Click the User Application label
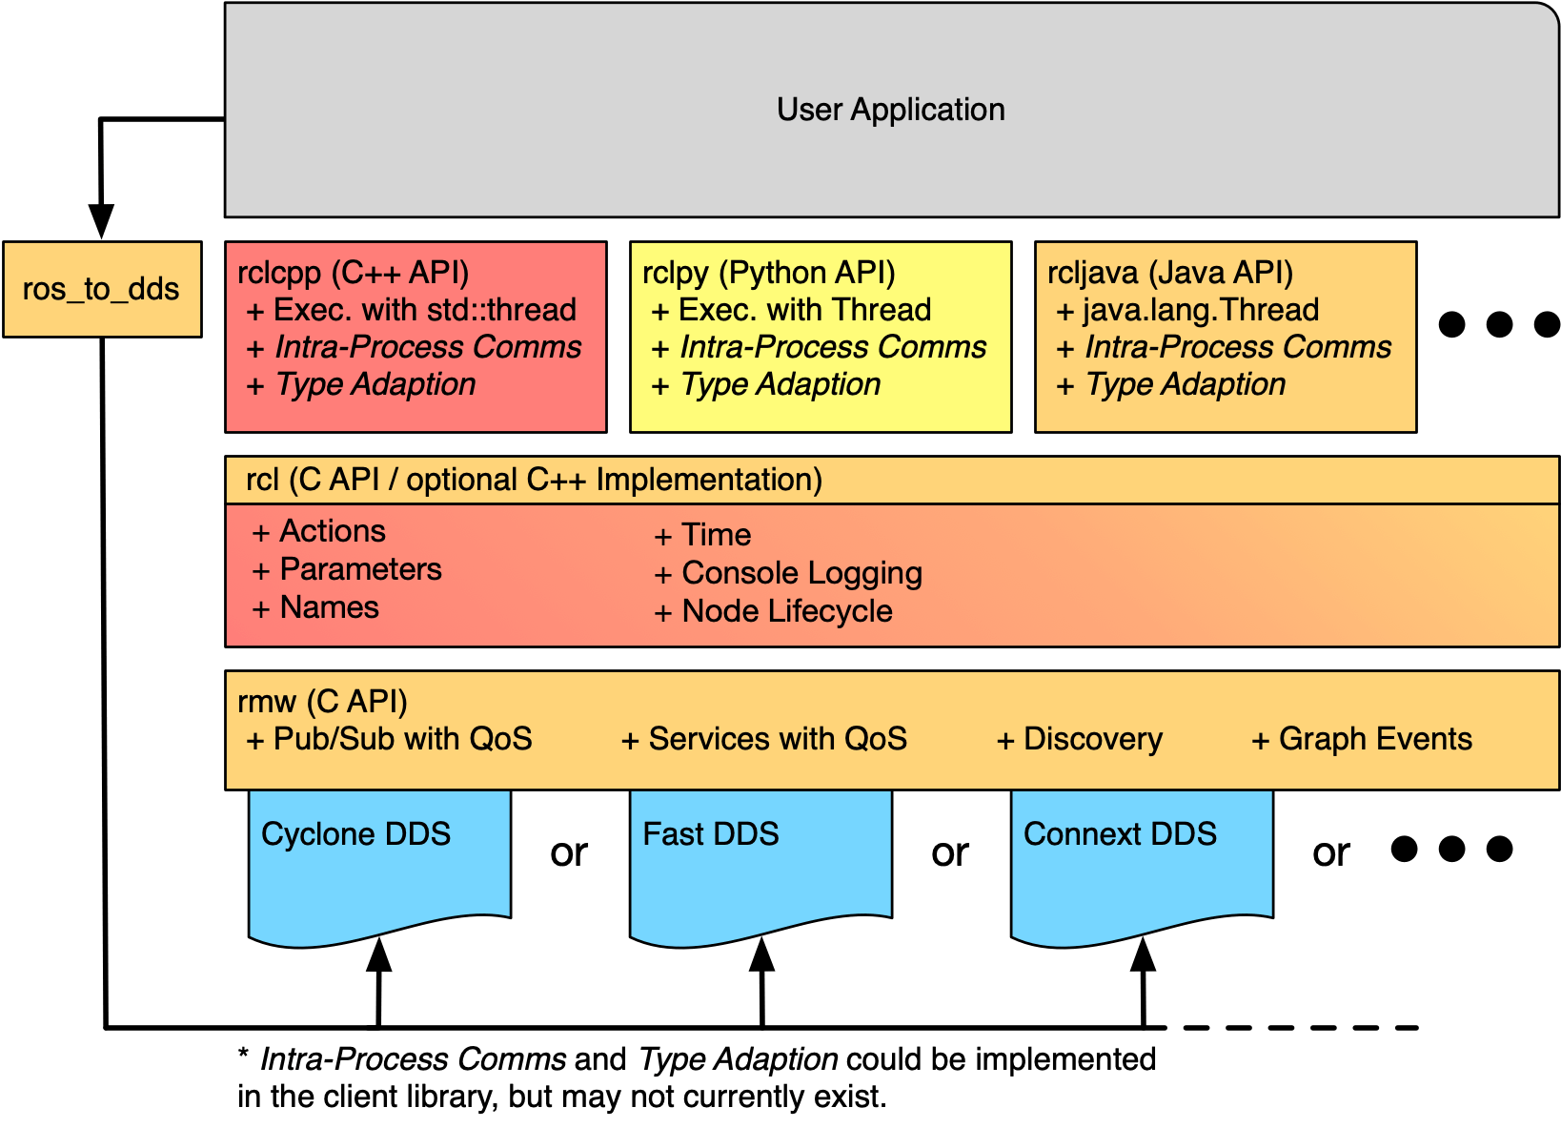pyautogui.click(x=890, y=110)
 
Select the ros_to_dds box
pyautogui.click(x=102, y=289)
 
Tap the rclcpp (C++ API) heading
pyautogui.click(x=354, y=273)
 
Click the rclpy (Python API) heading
pyautogui.click(x=768, y=273)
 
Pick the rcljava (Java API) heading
pyautogui.click(x=1169, y=273)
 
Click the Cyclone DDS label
pyautogui.click(x=355, y=834)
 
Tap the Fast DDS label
pyautogui.click(x=711, y=834)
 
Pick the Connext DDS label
pyautogui.click(x=1120, y=834)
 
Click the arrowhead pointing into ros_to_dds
pyautogui.click(x=101, y=221)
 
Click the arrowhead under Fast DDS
pyautogui.click(x=761, y=954)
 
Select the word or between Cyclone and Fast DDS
pyautogui.click(x=569, y=852)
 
